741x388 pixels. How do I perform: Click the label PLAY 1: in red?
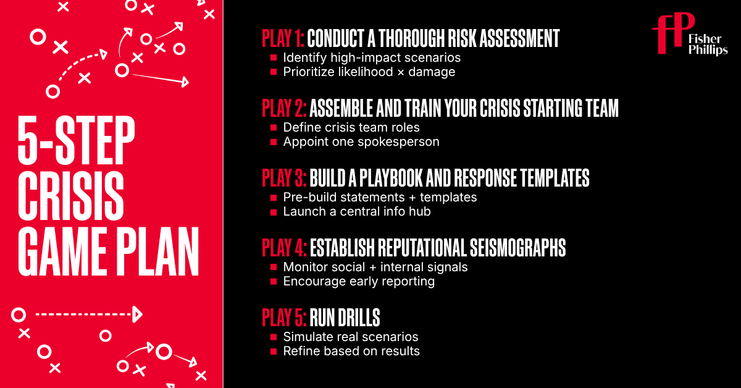[283, 38]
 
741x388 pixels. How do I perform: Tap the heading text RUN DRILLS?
[345, 318]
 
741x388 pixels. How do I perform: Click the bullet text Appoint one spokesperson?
[361, 141]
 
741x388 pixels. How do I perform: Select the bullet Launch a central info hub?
[357, 211]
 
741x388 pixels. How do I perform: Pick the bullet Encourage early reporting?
[359, 281]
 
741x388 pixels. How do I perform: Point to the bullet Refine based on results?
[351, 351]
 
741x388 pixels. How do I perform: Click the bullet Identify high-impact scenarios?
[372, 57]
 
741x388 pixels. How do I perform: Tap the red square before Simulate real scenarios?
[274, 337]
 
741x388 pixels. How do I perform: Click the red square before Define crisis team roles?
[274, 128]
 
